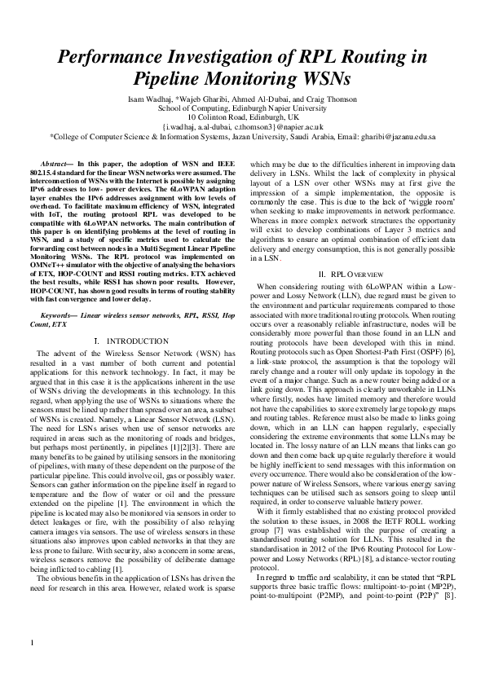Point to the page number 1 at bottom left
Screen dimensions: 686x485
click(32, 666)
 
